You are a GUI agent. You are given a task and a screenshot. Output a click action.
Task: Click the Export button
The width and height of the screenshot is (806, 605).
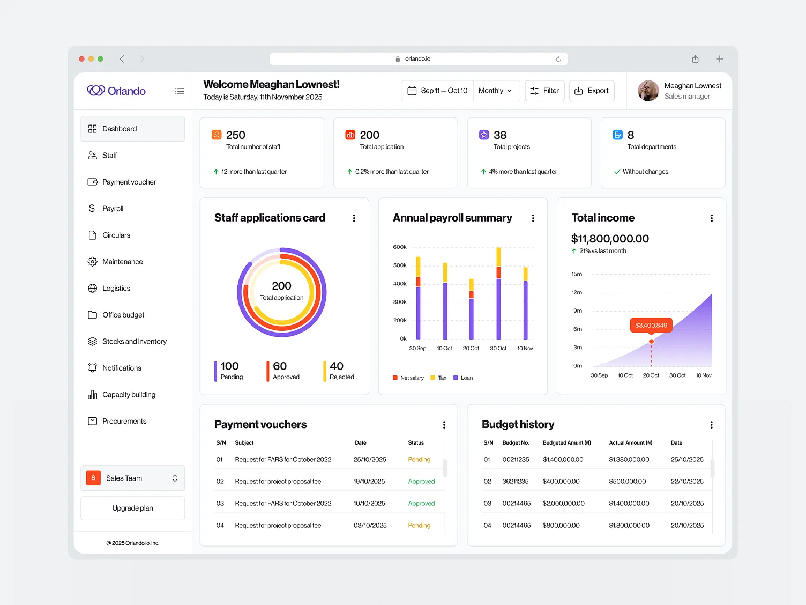592,91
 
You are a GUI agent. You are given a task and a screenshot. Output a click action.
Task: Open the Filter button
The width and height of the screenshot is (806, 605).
544,91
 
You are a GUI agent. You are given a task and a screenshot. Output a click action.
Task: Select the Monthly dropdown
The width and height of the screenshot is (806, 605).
495,91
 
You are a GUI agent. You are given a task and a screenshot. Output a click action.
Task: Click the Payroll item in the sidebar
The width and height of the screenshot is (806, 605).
113,209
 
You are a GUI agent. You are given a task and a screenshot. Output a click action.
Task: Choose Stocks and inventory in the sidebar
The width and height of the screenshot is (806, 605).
134,342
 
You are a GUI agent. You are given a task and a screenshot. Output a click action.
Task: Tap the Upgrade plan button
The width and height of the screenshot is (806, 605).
132,508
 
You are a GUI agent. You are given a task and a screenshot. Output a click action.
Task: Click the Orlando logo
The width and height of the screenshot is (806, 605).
116,91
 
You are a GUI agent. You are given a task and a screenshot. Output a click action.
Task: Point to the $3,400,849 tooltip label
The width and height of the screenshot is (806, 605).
651,325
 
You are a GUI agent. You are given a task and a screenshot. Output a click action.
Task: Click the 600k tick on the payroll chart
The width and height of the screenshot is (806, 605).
400,247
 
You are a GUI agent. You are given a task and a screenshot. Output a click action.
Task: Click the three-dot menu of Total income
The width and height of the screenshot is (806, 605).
711,218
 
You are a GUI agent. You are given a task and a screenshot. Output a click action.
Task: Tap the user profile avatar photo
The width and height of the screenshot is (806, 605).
648,91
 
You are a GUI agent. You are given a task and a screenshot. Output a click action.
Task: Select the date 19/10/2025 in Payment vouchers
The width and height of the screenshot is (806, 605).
369,482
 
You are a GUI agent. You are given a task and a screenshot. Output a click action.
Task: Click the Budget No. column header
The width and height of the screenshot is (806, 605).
516,443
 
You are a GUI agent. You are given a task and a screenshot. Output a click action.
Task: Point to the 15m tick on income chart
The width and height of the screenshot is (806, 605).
577,274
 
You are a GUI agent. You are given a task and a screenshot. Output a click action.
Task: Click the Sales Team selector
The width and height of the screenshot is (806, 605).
132,478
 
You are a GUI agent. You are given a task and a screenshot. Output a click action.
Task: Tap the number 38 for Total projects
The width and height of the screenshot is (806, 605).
500,135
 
